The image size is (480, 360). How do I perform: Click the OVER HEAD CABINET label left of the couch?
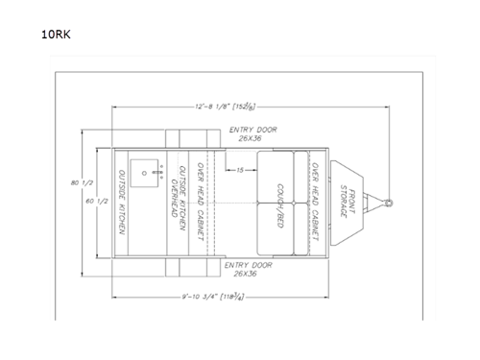[x=200, y=203]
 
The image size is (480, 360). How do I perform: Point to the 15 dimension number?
[x=237, y=169]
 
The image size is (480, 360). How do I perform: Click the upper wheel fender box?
[x=182, y=138]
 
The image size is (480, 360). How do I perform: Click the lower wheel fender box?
[x=182, y=268]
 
